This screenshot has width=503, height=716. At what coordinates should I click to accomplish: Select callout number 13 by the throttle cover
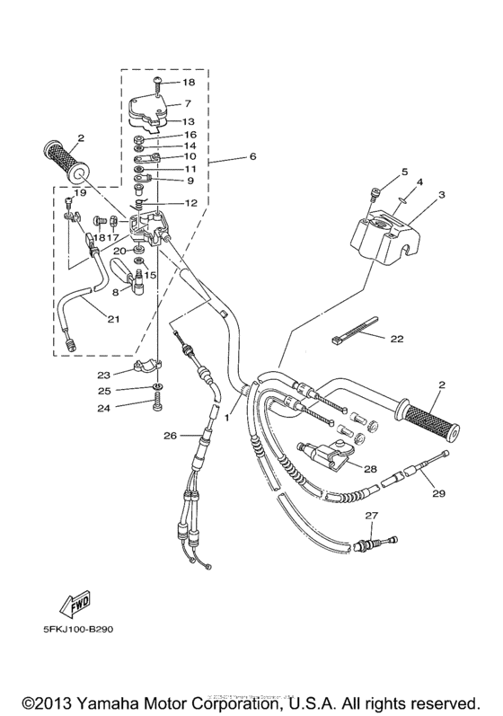tap(189, 121)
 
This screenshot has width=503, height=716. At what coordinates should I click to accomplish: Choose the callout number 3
tap(441, 194)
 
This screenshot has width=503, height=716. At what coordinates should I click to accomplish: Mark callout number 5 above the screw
tap(380, 171)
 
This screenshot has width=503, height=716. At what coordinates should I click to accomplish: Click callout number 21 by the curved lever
tap(112, 319)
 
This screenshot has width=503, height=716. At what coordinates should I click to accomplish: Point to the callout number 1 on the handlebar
tap(228, 418)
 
